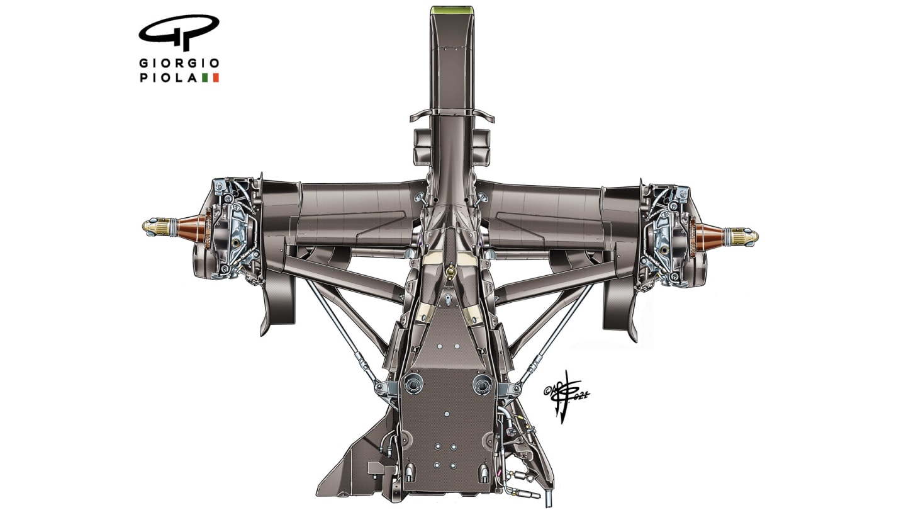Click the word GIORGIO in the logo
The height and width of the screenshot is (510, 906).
pyautogui.click(x=179, y=64)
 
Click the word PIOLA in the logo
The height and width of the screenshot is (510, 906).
pyautogui.click(x=169, y=78)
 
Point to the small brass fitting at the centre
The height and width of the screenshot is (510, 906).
pyautogui.click(x=450, y=271)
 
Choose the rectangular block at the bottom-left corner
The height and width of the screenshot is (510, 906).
pyautogui.click(x=376, y=469)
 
